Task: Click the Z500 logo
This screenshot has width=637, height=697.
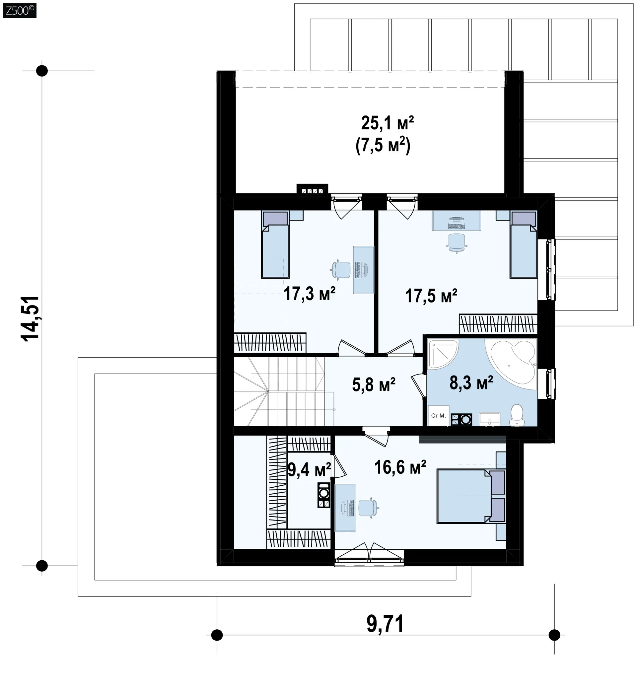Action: [x=20, y=11]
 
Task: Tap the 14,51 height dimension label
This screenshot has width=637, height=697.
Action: [x=31, y=319]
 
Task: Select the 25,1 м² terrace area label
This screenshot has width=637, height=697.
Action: [x=387, y=123]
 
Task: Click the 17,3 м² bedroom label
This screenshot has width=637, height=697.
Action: [x=310, y=294]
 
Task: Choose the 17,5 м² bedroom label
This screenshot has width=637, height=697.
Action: [x=431, y=296]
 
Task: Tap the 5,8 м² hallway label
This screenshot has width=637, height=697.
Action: [x=374, y=385]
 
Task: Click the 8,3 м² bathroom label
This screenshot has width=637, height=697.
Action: [x=471, y=383]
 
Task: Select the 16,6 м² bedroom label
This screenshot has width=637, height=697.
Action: [x=400, y=467]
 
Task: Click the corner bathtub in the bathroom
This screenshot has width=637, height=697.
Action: [x=511, y=363]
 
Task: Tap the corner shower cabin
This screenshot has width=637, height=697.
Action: [x=443, y=354]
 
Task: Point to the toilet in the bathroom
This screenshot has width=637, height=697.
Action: [x=517, y=415]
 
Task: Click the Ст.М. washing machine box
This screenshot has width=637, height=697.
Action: [x=439, y=416]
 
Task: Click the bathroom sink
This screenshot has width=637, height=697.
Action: [x=489, y=419]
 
